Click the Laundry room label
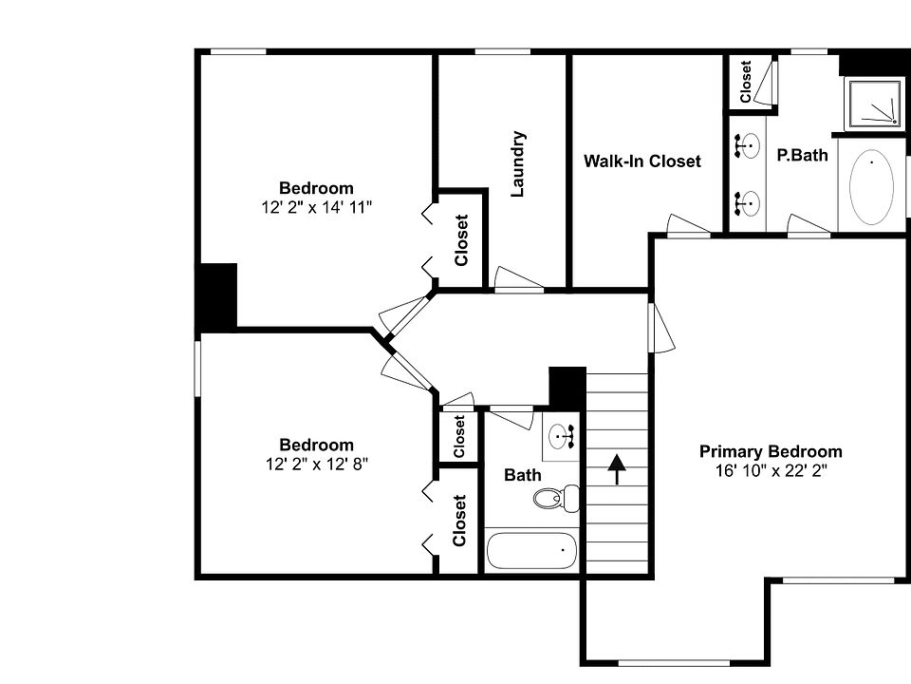point(518,163)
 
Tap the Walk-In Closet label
point(641,161)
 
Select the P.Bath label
point(802,155)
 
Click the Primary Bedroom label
point(771,452)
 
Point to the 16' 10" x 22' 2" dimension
point(771,470)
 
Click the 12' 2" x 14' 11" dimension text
point(316,207)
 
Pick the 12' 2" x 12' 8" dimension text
point(316,464)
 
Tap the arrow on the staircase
point(617,469)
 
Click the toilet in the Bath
point(556,497)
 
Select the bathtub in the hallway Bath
point(531,550)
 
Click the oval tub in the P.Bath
point(871,188)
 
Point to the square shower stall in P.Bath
point(871,104)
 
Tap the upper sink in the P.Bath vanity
point(750,146)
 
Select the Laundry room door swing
point(516,279)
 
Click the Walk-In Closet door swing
point(687,225)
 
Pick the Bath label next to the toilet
point(523,475)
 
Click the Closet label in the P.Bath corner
point(747,82)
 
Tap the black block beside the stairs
point(567,386)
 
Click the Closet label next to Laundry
point(462,240)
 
